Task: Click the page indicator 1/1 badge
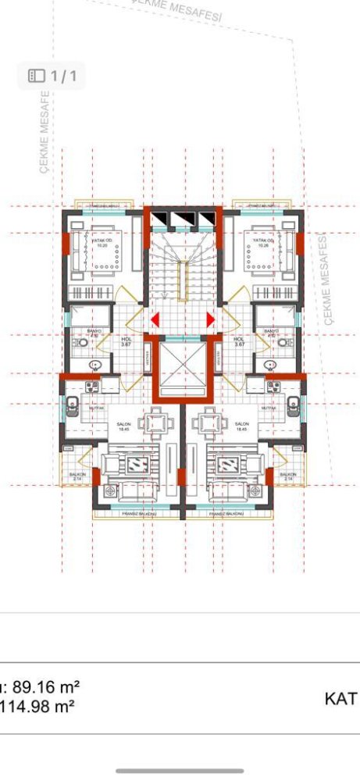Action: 52,76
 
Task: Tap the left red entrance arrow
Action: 155,319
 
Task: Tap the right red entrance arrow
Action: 210,319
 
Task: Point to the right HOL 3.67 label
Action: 239,341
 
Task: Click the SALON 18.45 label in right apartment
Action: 241,426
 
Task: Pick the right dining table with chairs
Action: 211,424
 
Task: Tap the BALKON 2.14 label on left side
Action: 77,476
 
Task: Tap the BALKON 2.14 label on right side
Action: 288,476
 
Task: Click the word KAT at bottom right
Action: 340,698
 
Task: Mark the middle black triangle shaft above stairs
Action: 184,218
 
